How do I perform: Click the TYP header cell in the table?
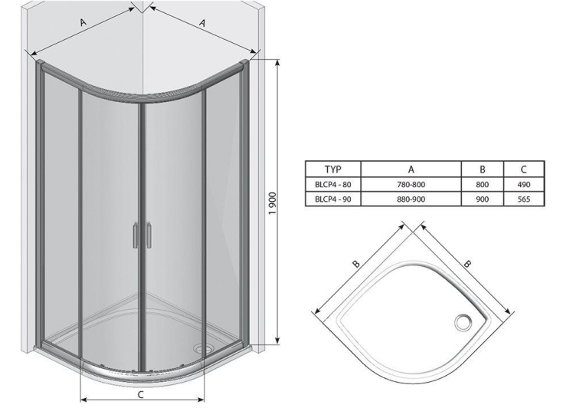click(x=333, y=170)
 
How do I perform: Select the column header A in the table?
click(x=411, y=170)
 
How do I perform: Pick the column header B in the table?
click(x=483, y=170)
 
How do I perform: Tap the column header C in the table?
click(x=524, y=170)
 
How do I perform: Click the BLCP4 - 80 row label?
click(x=333, y=185)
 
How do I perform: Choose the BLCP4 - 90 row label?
click(x=333, y=199)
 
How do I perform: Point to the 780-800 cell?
click(x=411, y=185)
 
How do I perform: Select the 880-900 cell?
click(x=411, y=199)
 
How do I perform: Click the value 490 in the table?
click(x=524, y=185)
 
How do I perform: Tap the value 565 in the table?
click(x=524, y=199)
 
